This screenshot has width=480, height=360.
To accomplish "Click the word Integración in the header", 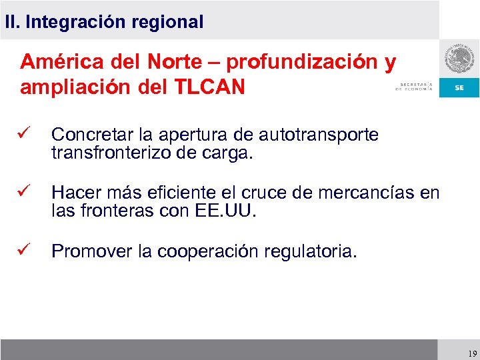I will click(x=75, y=22).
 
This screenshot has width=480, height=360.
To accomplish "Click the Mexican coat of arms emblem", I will click(x=459, y=61).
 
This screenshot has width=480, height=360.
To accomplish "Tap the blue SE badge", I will click(x=459, y=88).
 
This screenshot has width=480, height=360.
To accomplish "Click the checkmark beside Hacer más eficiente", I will click(x=27, y=193).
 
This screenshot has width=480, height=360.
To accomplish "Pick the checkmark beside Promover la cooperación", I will click(x=27, y=251).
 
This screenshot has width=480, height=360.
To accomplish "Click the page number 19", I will click(x=472, y=354).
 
